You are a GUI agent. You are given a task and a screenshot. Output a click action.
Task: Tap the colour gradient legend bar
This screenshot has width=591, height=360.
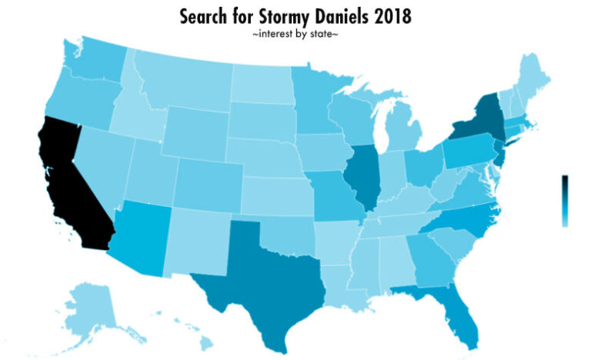point(565,200)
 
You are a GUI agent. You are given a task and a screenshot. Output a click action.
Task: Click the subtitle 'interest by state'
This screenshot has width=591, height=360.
point(295,35)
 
